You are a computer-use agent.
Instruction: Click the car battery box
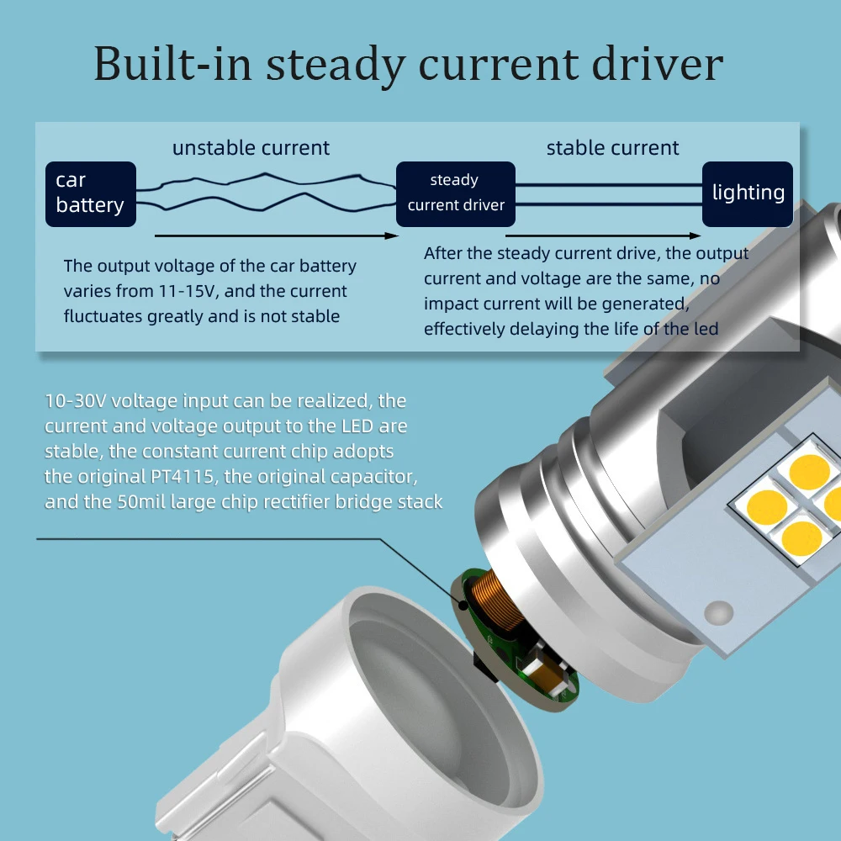click(90, 193)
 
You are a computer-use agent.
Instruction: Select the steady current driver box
click(455, 193)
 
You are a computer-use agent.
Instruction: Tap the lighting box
click(748, 193)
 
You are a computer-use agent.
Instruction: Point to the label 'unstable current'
click(251, 149)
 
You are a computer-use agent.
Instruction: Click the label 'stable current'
click(612, 149)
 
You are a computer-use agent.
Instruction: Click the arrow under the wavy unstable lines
click(277, 236)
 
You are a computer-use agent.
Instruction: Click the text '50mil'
click(143, 502)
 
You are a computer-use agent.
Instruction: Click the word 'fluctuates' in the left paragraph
click(100, 316)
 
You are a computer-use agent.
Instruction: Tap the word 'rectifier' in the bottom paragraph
click(297, 502)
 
